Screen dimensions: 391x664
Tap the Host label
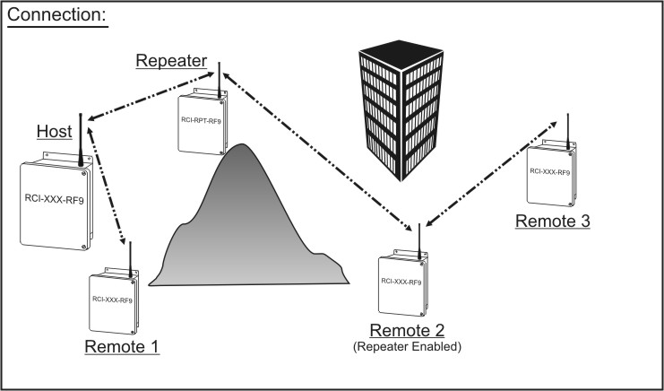pos(54,132)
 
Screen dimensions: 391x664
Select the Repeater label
pos(171,61)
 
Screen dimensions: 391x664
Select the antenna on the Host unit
pos(81,140)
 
